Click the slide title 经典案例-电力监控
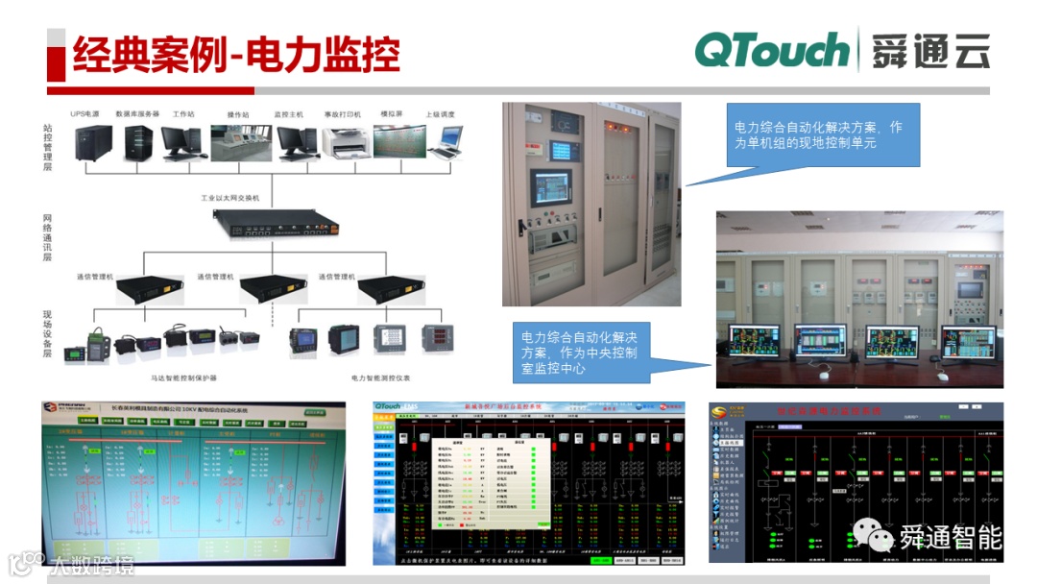(236, 56)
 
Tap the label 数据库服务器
(137, 114)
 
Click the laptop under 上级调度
(444, 142)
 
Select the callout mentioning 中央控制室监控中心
(581, 352)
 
